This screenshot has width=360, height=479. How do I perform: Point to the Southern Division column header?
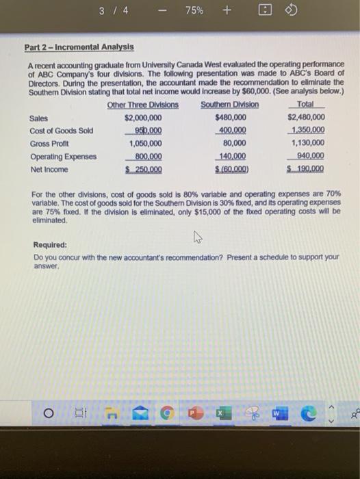[x=229, y=105]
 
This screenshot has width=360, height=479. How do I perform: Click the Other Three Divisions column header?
[x=142, y=105]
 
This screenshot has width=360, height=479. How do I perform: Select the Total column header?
[x=306, y=105]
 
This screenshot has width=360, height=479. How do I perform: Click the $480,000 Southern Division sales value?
[x=231, y=118]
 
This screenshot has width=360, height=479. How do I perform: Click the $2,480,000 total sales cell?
[x=306, y=118]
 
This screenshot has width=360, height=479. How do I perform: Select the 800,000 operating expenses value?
[x=146, y=157]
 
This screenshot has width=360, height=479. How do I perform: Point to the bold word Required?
[x=51, y=244]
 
